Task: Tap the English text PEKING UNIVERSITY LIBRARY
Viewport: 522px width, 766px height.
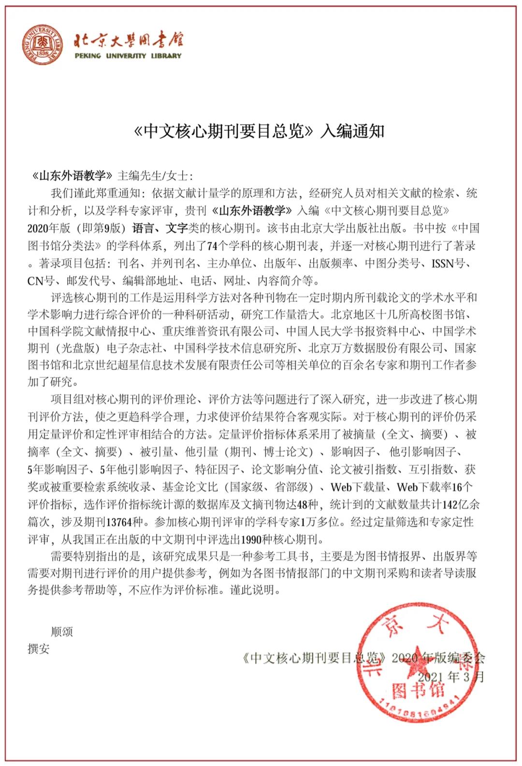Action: [x=128, y=56]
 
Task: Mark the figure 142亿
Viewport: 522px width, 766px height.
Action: [x=456, y=505]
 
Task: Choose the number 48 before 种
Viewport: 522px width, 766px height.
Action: [x=303, y=505]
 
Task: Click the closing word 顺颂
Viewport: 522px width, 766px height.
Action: [x=62, y=631]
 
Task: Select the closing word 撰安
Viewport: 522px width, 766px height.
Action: [x=39, y=649]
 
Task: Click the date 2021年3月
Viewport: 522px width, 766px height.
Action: [x=450, y=676]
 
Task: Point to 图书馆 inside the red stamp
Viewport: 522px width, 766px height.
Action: [x=418, y=691]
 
